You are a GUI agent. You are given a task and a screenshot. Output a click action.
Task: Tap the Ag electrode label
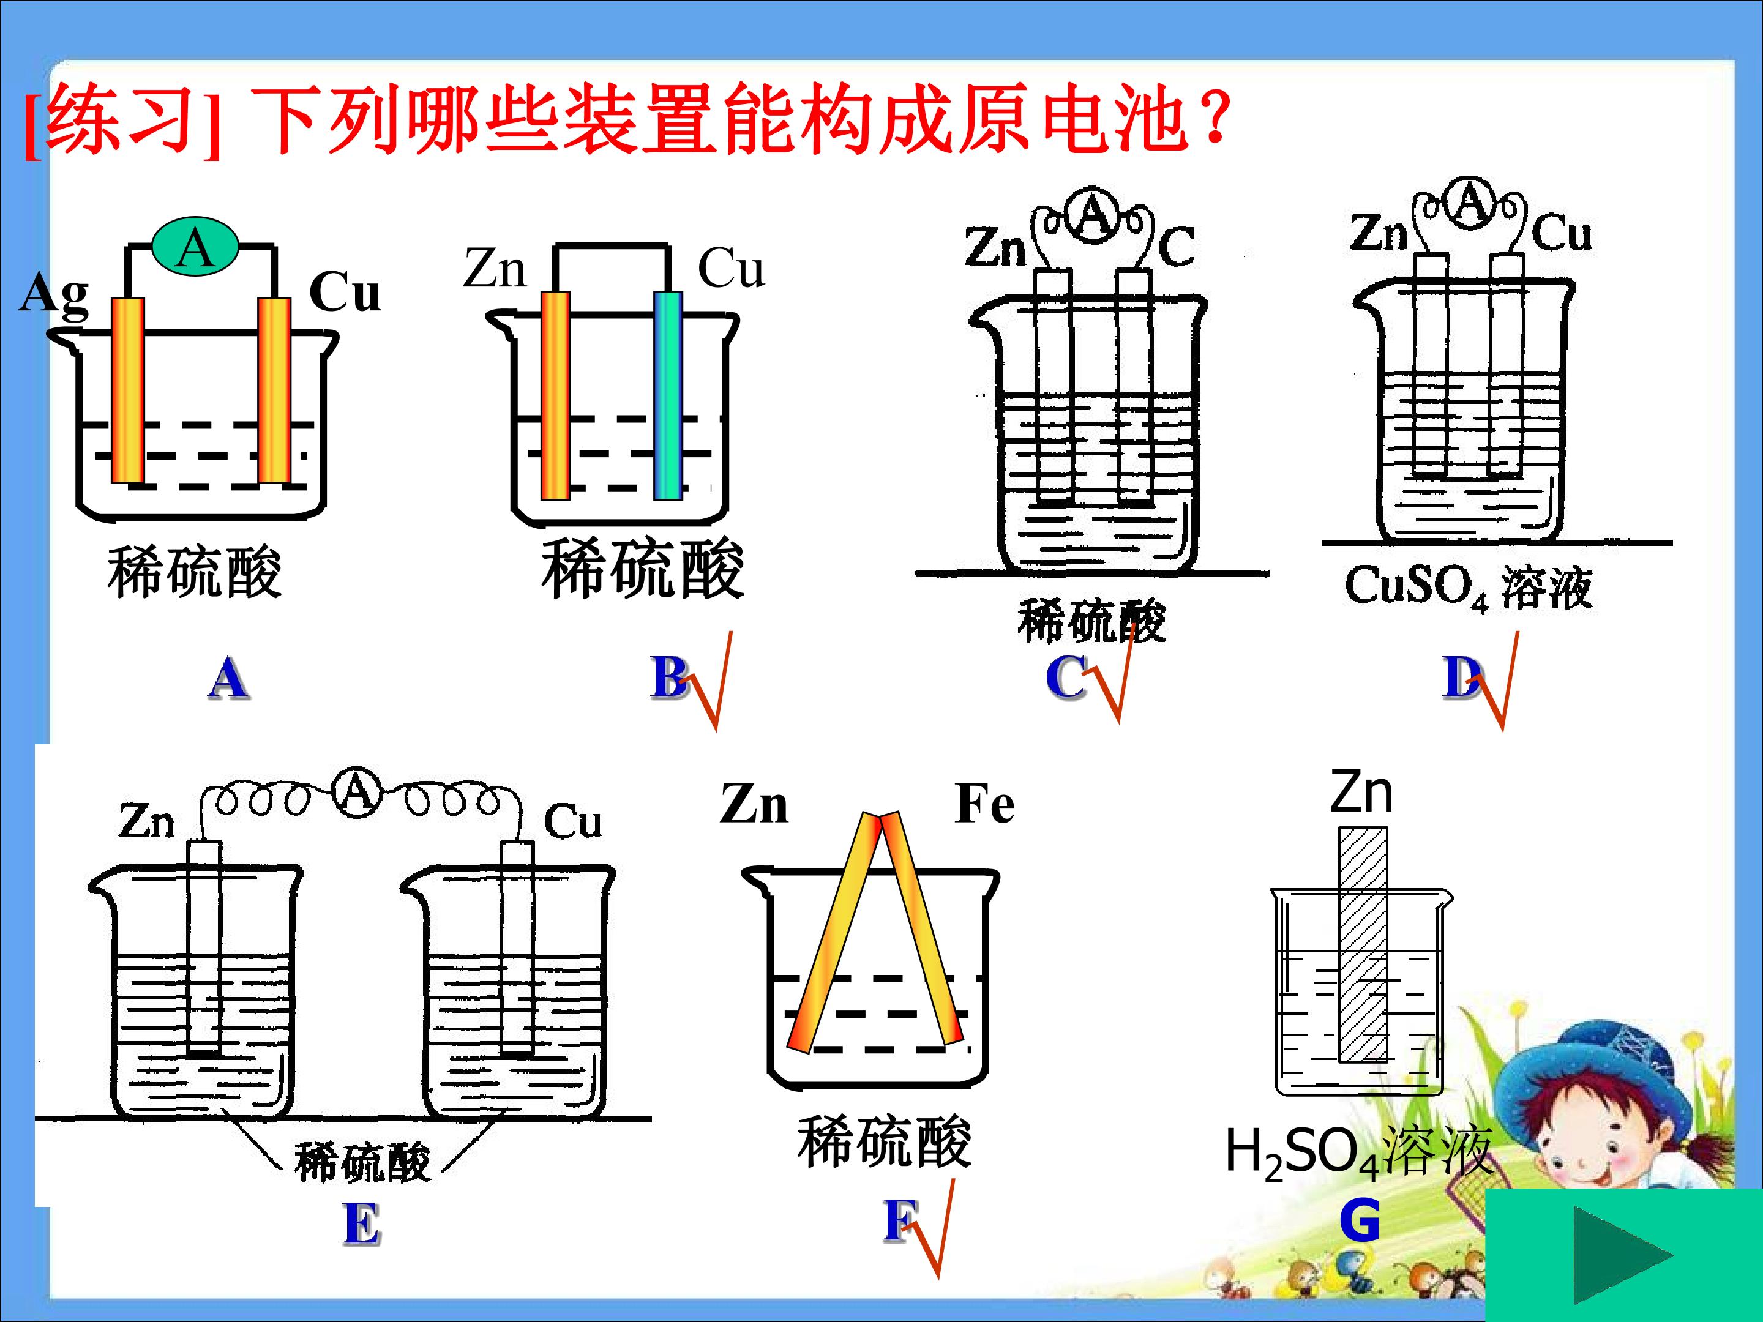pyautogui.click(x=53, y=295)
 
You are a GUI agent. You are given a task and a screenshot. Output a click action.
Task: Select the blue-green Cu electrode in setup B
pyautogui.click(x=668, y=395)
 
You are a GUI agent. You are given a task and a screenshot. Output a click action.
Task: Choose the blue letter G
pyautogui.click(x=1359, y=1221)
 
